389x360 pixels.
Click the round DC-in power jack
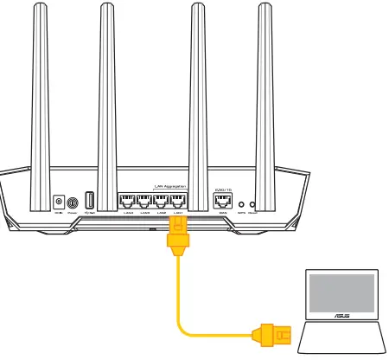[59, 200]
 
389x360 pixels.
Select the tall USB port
[89, 198]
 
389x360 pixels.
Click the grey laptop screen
[343, 292]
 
